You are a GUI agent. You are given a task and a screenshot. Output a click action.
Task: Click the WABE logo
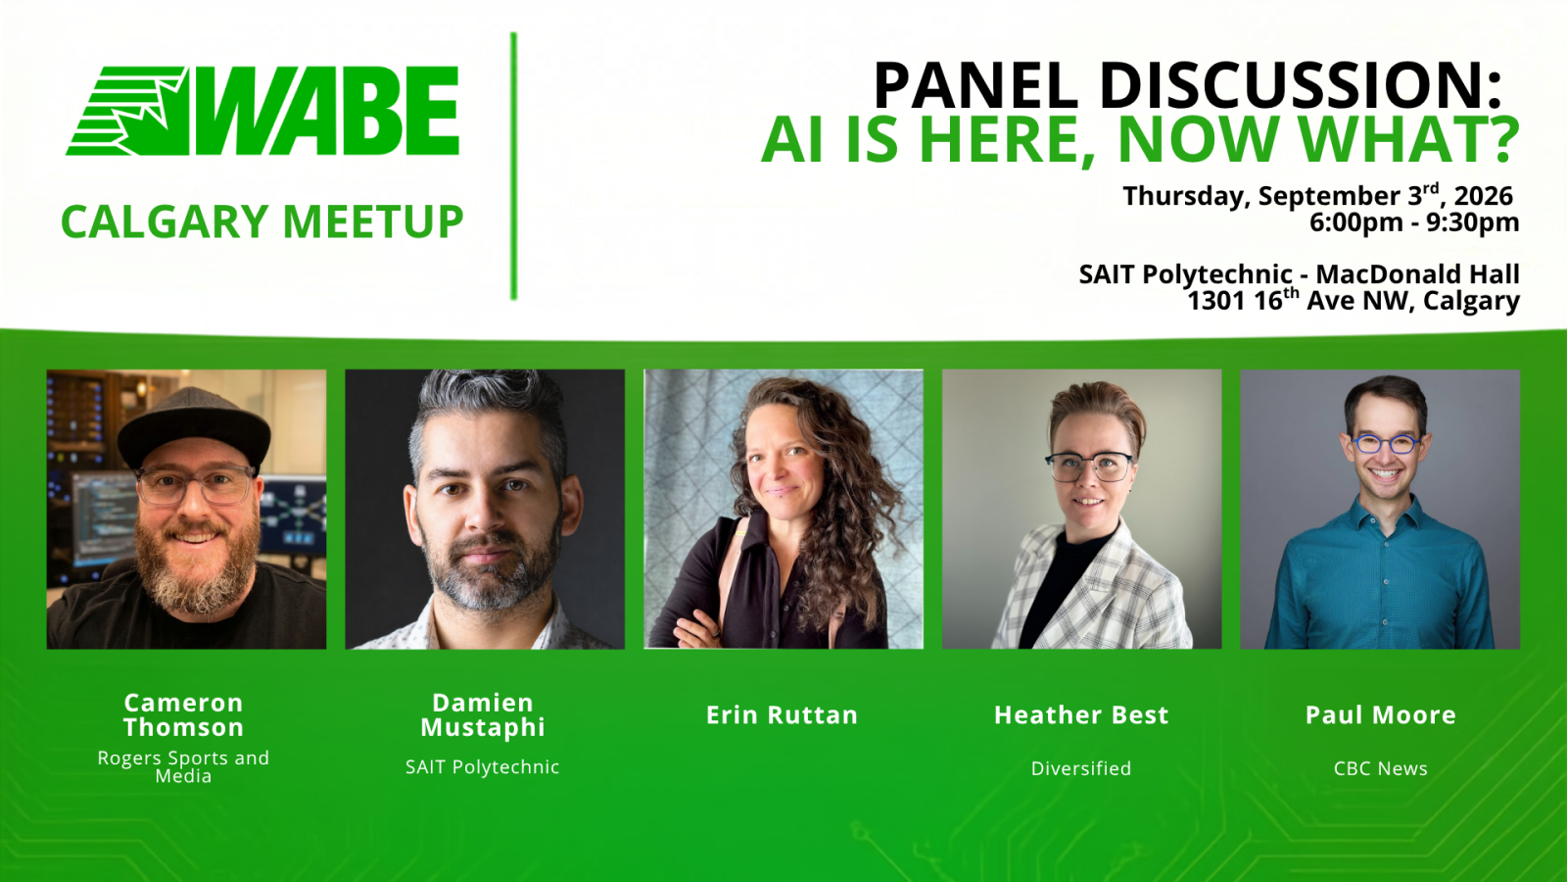click(x=262, y=111)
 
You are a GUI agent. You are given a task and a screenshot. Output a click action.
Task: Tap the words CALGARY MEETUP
click(x=262, y=221)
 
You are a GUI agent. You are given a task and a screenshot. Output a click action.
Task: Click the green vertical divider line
click(x=513, y=166)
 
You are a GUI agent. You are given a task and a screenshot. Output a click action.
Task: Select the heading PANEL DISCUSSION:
click(x=1187, y=85)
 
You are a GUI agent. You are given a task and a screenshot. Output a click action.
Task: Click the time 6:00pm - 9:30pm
click(x=1414, y=222)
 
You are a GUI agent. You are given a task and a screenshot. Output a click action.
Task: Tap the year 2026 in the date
click(x=1484, y=196)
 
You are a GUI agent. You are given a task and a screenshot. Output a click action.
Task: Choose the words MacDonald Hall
click(x=1417, y=273)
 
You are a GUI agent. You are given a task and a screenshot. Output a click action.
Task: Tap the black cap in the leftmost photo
click(x=194, y=427)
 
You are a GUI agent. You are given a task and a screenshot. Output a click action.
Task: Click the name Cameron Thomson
click(x=184, y=714)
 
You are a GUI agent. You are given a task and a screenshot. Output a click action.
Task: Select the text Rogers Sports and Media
click(x=183, y=766)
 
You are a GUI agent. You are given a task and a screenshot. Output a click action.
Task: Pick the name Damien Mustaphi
click(x=483, y=714)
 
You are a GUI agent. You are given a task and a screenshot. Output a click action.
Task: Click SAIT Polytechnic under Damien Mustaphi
click(x=483, y=767)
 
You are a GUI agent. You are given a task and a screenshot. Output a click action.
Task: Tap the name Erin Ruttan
click(x=783, y=714)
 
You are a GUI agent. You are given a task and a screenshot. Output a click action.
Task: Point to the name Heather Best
click(x=1081, y=714)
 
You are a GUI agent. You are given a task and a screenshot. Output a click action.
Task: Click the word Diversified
click(x=1081, y=768)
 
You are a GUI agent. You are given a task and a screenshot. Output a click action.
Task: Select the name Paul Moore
click(x=1381, y=714)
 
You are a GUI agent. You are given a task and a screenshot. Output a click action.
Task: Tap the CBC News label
click(x=1381, y=768)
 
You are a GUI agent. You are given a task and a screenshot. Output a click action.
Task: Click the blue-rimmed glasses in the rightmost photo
click(x=1386, y=444)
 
